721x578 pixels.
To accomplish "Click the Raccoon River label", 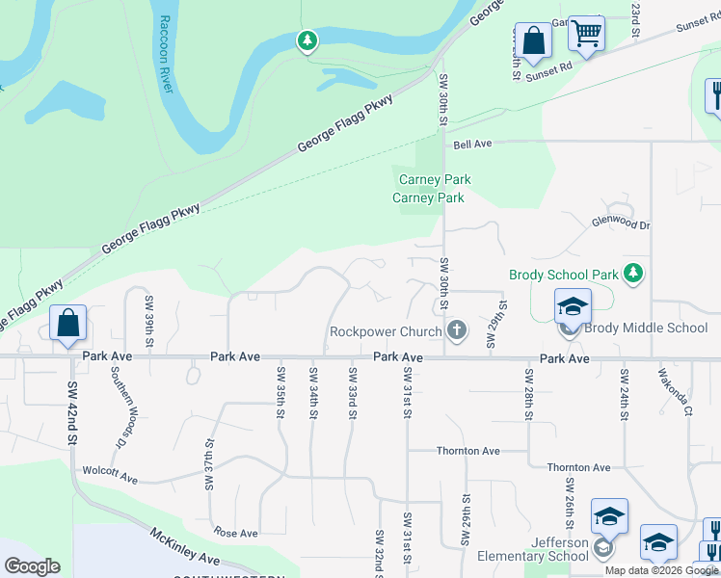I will [165, 54].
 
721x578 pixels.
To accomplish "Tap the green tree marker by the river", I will [307, 40].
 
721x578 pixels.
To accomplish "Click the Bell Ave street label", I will [472, 144].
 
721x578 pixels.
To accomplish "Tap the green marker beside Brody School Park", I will [632, 275].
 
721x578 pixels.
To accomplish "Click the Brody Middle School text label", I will [645, 328].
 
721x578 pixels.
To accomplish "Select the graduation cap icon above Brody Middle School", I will [573, 307].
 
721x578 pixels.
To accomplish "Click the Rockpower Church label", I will [386, 330].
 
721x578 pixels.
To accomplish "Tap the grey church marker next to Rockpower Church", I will [457, 330].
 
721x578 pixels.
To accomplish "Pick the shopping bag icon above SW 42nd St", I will [68, 325].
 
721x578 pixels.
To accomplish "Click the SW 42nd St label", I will [72, 413].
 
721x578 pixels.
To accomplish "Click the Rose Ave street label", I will [237, 533].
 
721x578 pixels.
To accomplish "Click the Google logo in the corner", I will [32, 566].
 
